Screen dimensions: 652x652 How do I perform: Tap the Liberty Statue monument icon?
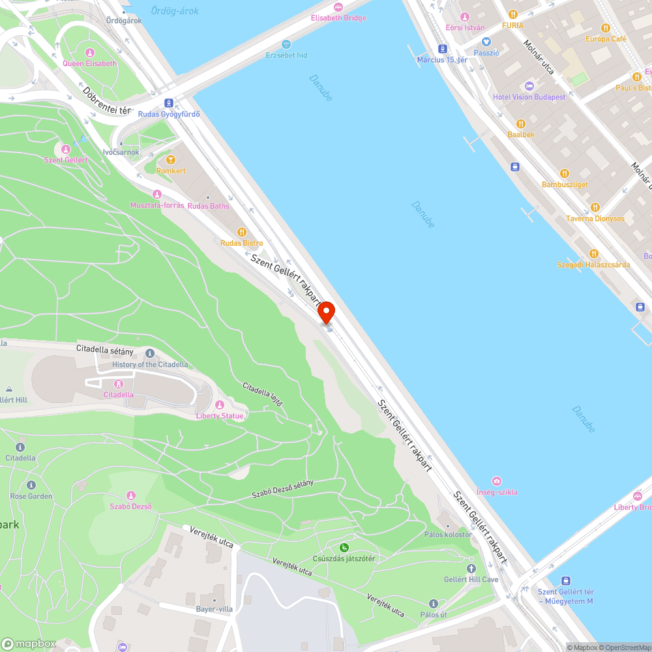click(x=219, y=405)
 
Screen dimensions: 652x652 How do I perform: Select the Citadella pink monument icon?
click(x=119, y=383)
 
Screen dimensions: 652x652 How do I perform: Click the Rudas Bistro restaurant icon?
click(x=242, y=232)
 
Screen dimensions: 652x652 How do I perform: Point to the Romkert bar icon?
click(x=171, y=160)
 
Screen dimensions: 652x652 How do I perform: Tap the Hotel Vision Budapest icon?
click(x=529, y=86)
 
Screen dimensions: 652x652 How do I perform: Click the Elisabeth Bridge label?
click(x=338, y=18)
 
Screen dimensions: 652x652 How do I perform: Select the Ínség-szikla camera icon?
click(x=497, y=481)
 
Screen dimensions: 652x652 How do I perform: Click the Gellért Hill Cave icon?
click(x=471, y=569)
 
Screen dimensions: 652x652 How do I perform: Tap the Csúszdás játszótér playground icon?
click(x=344, y=548)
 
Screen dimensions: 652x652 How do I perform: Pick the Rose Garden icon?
click(x=31, y=485)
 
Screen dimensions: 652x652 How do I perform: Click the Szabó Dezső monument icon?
click(x=130, y=496)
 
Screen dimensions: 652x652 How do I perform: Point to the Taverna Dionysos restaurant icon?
click(x=595, y=207)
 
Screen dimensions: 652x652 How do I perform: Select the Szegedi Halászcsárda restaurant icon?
click(x=593, y=254)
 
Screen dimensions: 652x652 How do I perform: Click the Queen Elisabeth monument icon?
click(x=90, y=52)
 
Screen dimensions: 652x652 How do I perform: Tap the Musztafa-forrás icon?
click(x=156, y=194)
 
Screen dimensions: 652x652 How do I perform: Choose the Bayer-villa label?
click(x=215, y=609)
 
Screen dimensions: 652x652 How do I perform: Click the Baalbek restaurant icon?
click(x=521, y=123)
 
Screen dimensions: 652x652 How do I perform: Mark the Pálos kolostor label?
click(x=447, y=535)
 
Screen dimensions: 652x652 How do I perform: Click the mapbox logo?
click(x=29, y=644)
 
